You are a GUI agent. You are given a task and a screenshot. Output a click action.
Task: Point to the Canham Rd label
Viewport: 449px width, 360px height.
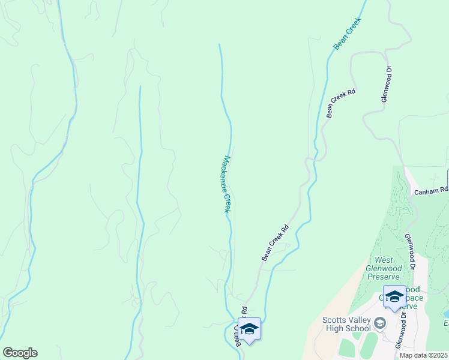coord(431,191)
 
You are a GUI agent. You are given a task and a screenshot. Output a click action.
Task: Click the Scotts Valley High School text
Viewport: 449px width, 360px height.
coord(347,324)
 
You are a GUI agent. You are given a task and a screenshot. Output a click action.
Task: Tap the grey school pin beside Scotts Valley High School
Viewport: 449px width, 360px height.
coord(379,324)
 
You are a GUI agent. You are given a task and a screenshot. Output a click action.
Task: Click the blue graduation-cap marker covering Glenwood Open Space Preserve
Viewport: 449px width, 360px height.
coord(394,296)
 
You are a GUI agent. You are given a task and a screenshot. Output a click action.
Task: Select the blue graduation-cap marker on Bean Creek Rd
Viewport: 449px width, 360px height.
coord(250,329)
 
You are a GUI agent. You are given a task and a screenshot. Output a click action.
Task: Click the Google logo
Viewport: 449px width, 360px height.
coord(20,353)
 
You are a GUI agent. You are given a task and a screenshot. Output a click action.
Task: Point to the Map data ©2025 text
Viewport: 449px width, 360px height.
coord(424,355)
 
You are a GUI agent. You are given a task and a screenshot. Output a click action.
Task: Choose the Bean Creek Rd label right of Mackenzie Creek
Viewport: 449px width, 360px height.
coord(276,242)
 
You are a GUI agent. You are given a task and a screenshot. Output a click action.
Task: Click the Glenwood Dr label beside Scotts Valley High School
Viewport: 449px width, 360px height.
coord(401,330)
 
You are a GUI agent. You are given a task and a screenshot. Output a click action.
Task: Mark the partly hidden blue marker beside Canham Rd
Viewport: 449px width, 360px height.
coord(447,179)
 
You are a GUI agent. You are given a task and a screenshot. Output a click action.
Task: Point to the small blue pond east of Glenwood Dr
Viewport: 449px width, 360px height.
coord(445,313)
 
